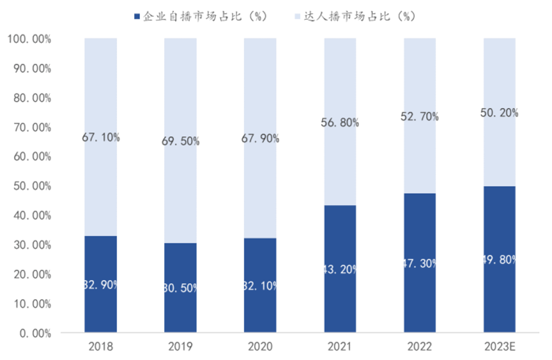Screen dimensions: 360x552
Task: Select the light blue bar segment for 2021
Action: [340, 164]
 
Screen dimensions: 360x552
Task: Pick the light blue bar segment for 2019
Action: [180, 192]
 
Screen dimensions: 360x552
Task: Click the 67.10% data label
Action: [101, 137]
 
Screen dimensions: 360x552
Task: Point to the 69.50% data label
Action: [180, 141]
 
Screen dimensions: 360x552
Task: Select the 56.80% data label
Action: [340, 123]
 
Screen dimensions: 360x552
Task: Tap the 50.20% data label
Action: [499, 113]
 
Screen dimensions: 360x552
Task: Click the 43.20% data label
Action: [340, 269]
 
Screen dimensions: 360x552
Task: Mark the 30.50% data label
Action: [180, 288]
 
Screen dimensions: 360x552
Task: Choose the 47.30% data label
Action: [420, 264]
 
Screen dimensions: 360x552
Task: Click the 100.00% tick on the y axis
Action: [28, 39]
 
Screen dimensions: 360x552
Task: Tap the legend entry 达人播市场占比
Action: [356, 16]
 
